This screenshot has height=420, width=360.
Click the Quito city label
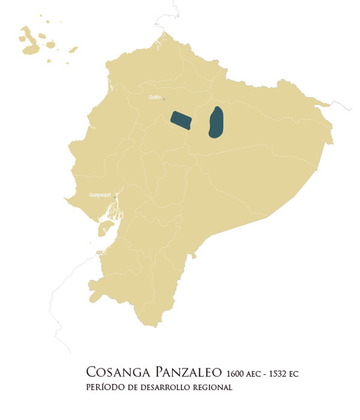tap(154, 96)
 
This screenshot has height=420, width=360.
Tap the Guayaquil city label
tap(99, 194)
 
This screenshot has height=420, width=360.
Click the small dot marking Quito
tap(164, 99)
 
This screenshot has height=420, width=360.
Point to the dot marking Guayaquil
tap(115, 195)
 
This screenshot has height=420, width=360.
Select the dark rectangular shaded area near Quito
tap(182, 119)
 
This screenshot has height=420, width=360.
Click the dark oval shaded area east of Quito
tap(217, 122)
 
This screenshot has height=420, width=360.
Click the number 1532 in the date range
tap(274, 374)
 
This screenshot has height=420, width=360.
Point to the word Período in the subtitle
tap(106, 388)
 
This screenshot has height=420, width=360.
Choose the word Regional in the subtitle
tap(211, 388)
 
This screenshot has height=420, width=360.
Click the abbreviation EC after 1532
tap(293, 374)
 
